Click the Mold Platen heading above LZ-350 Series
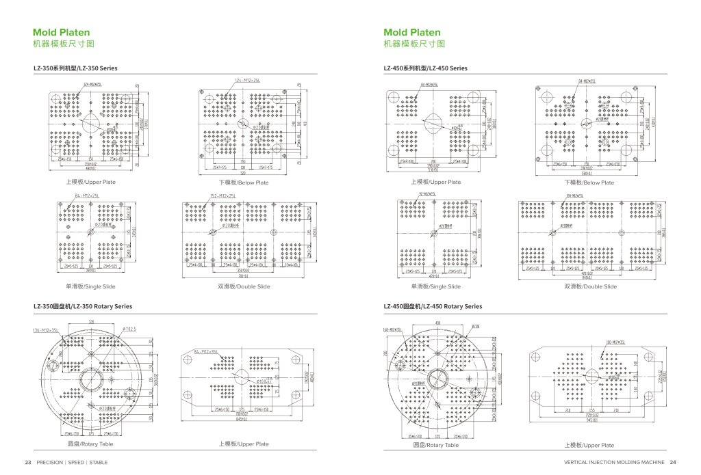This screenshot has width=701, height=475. pyautogui.click(x=62, y=32)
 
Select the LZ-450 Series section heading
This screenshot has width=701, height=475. pyautogui.click(x=425, y=68)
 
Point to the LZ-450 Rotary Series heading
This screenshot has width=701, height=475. pyautogui.click(x=433, y=306)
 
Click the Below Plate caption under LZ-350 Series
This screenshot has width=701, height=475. pyautogui.click(x=243, y=182)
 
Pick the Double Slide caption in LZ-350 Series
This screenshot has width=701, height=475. pyautogui.click(x=243, y=286)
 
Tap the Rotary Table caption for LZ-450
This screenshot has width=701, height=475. pyautogui.click(x=435, y=445)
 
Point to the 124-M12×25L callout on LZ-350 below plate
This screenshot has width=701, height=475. pyautogui.click(x=247, y=81)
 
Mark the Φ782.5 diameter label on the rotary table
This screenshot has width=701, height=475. pyautogui.click(x=129, y=329)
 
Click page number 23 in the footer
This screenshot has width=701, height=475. pyautogui.click(x=28, y=461)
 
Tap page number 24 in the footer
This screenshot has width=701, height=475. pyautogui.click(x=673, y=461)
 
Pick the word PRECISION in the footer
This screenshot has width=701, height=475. pyautogui.click(x=49, y=461)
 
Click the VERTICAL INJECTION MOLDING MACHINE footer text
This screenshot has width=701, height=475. pyautogui.click(x=613, y=461)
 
